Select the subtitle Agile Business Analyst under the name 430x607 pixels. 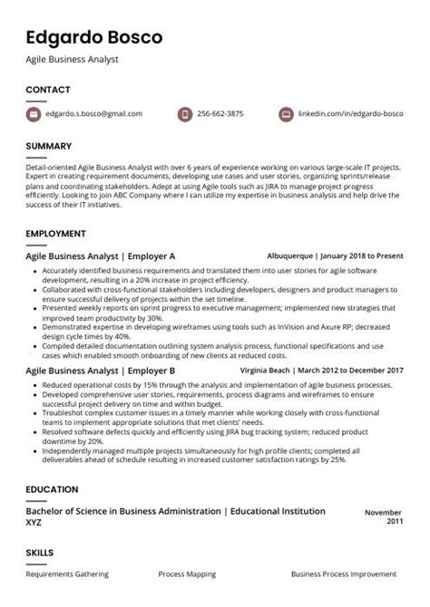pos(73,60)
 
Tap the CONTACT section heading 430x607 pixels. pos(48,90)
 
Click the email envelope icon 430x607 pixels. pos(34,114)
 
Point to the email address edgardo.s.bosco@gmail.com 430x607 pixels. pos(95,114)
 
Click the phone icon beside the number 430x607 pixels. pos(184,114)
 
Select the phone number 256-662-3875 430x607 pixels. pos(221,114)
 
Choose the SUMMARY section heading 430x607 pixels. pos(49,146)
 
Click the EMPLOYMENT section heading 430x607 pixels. pos(55,234)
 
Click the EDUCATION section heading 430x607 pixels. pos(52,489)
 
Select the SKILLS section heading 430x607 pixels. pos(40,552)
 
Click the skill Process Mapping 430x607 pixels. pos(185,574)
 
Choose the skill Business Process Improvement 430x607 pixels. pos(344,574)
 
